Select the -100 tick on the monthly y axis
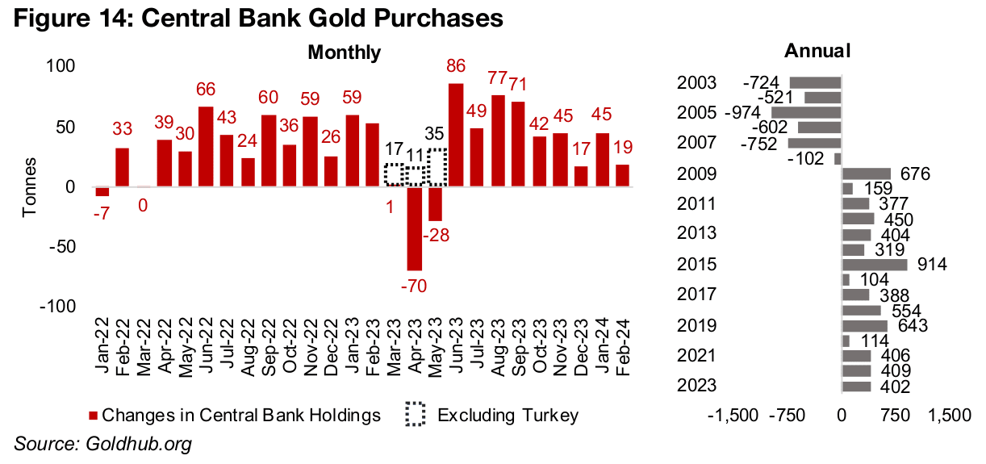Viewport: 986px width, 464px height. tap(59, 307)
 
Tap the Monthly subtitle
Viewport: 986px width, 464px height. tap(345, 52)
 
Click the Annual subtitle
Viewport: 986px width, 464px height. tap(817, 51)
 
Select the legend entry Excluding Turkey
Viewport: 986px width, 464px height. tap(507, 416)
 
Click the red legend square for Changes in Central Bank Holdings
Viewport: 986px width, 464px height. tap(93, 416)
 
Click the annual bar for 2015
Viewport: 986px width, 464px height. tap(874, 265)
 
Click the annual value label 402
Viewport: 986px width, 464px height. tap(895, 387)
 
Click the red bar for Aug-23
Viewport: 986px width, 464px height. tap(499, 140)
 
